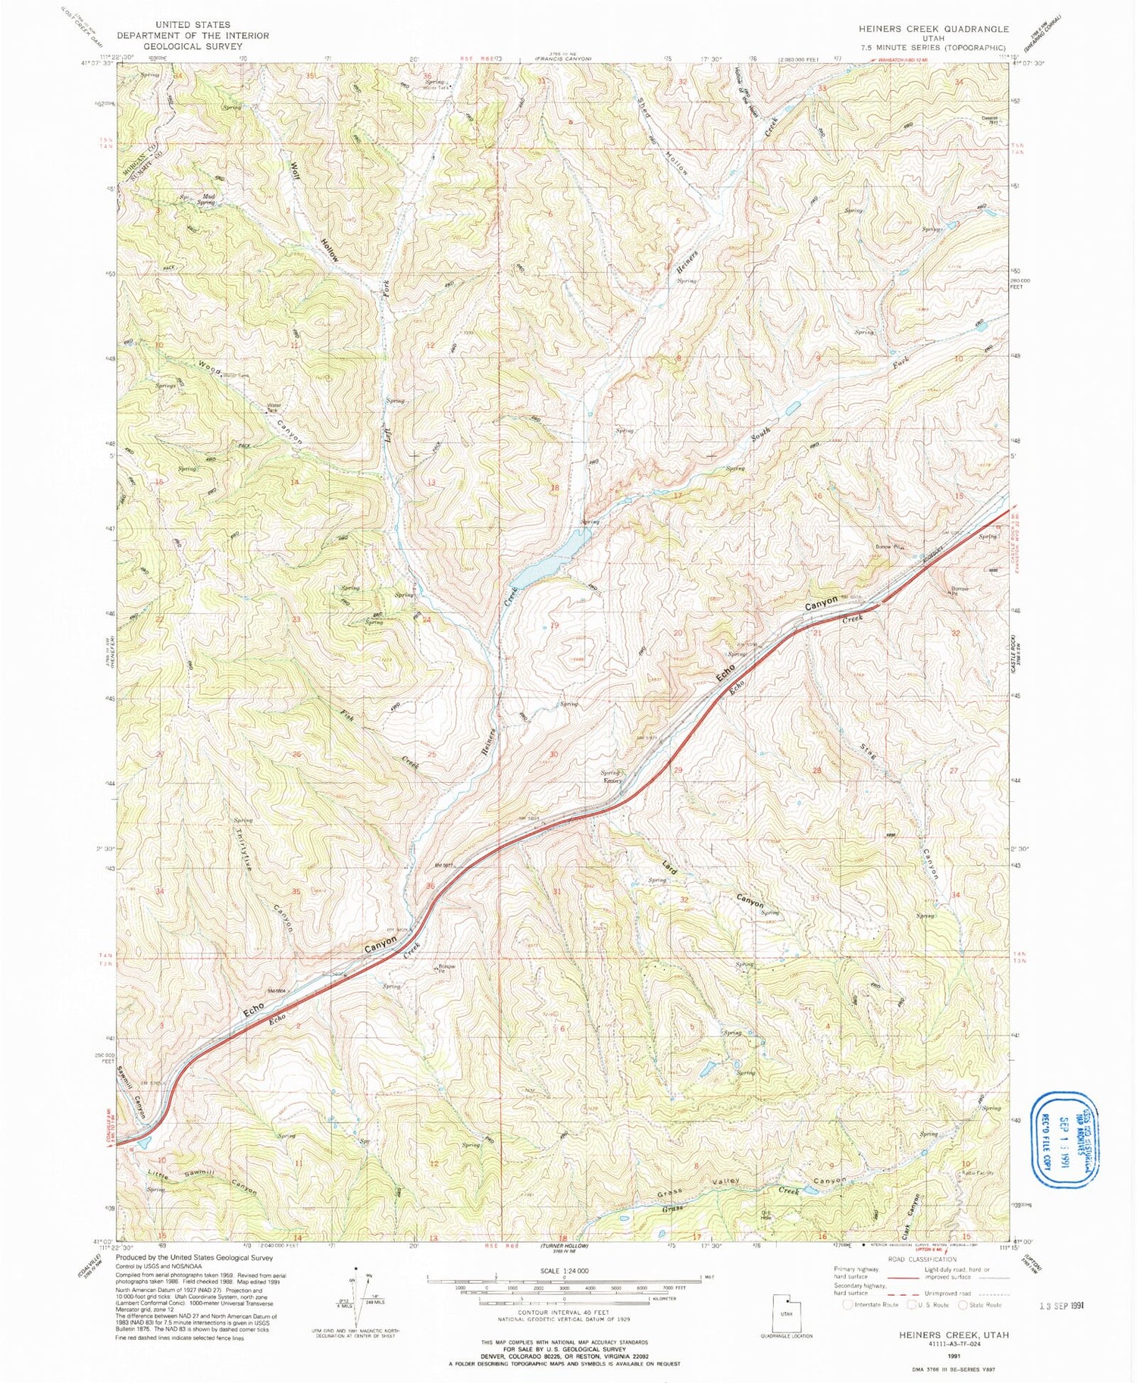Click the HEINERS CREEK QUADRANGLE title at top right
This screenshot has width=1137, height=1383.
tap(933, 29)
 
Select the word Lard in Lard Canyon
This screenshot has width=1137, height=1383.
tap(669, 866)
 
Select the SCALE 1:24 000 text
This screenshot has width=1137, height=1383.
tap(564, 1271)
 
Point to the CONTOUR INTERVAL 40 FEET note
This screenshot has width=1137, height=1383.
tap(564, 1312)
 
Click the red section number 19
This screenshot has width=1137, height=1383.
tap(554, 625)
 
